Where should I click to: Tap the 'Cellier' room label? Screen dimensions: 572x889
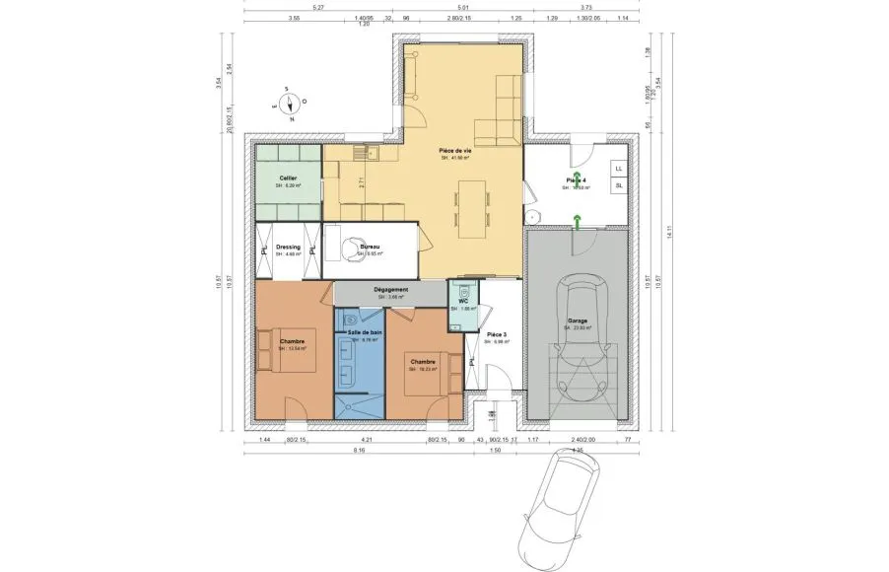click(287, 178)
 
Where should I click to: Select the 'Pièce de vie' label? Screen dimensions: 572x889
click(455, 150)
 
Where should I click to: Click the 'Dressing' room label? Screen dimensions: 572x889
click(288, 248)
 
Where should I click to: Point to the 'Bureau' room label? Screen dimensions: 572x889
click(370, 247)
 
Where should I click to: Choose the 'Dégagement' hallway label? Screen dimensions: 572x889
click(391, 290)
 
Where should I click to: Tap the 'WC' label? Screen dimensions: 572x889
click(462, 302)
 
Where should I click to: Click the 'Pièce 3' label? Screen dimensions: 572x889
click(499, 335)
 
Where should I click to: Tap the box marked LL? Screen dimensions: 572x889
click(619, 168)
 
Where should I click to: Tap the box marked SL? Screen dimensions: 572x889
click(619, 185)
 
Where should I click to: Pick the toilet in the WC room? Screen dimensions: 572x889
click(461, 292)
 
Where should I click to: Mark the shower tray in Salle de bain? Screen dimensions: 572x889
click(359, 405)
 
